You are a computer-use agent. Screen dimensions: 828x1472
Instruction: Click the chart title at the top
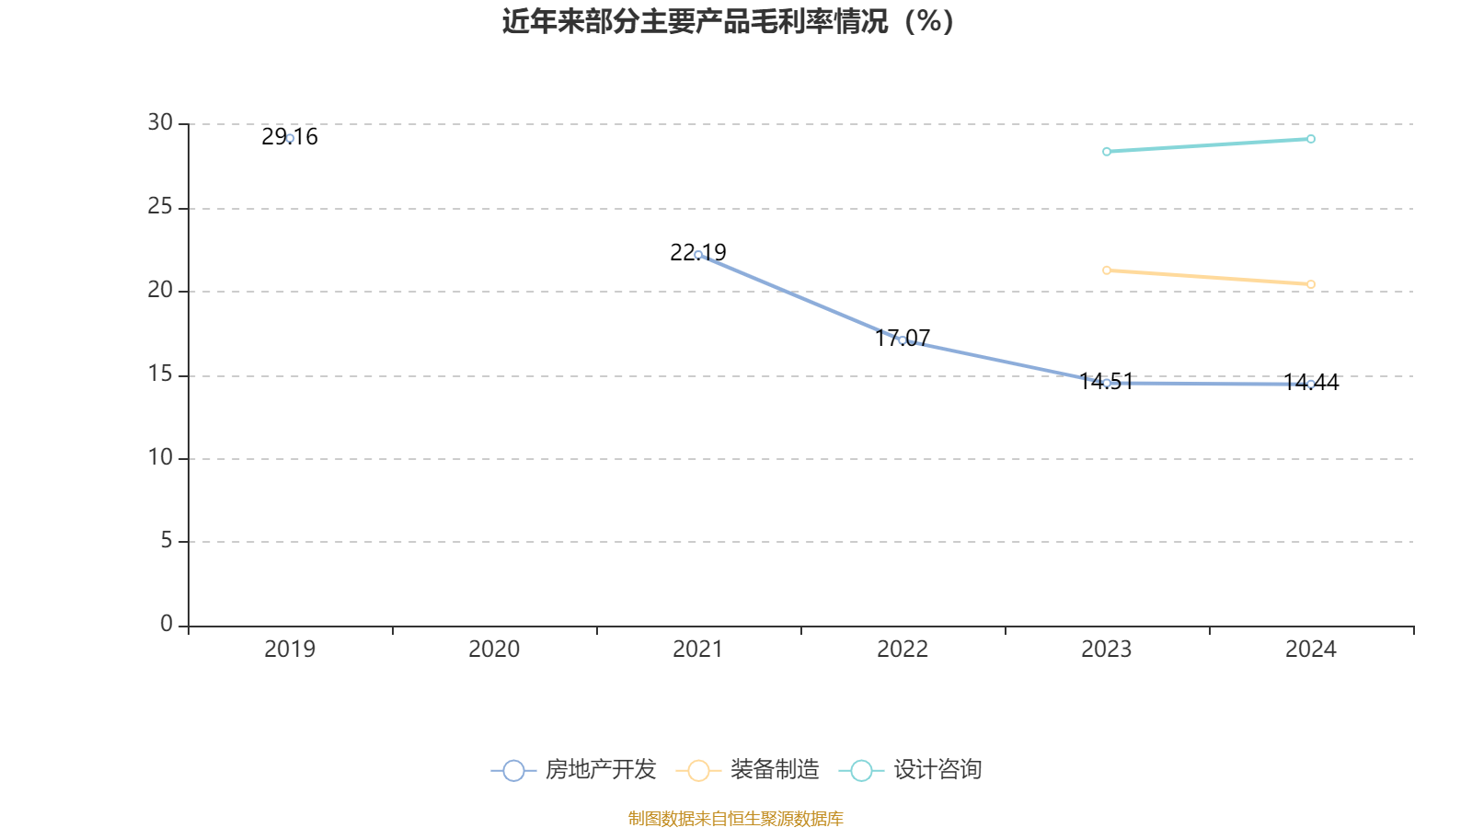coord(728,21)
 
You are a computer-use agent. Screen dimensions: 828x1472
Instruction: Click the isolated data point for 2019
coord(290,138)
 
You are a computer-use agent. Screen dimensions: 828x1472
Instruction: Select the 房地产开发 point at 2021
coord(698,255)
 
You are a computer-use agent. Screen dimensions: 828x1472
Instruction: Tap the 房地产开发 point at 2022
coord(903,340)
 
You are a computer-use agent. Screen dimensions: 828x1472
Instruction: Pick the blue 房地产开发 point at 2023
coord(1107,383)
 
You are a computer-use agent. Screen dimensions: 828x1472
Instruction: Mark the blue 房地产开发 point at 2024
coord(1311,384)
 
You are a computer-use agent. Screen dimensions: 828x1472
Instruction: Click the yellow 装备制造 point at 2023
coord(1107,270)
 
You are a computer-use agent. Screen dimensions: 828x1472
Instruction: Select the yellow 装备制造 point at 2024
coord(1311,284)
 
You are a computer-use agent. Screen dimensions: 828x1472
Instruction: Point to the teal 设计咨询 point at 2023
coord(1107,152)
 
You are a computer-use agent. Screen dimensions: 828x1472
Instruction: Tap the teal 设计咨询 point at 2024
coord(1311,139)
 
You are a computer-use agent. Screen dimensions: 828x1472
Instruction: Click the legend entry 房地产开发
coord(575,770)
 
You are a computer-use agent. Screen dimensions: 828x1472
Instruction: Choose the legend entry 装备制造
coord(748,770)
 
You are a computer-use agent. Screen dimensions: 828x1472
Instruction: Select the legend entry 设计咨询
coord(912,770)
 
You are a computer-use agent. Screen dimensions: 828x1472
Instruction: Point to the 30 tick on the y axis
coord(160,123)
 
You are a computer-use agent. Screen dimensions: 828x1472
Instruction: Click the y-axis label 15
coord(160,374)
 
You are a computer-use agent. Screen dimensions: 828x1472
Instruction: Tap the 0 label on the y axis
coord(167,625)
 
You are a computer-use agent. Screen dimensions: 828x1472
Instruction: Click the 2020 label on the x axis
coord(494,650)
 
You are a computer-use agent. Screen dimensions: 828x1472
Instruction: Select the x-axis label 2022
coord(903,650)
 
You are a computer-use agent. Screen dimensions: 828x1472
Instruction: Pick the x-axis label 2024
coord(1311,650)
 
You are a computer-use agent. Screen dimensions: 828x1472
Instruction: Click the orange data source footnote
coord(735,818)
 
